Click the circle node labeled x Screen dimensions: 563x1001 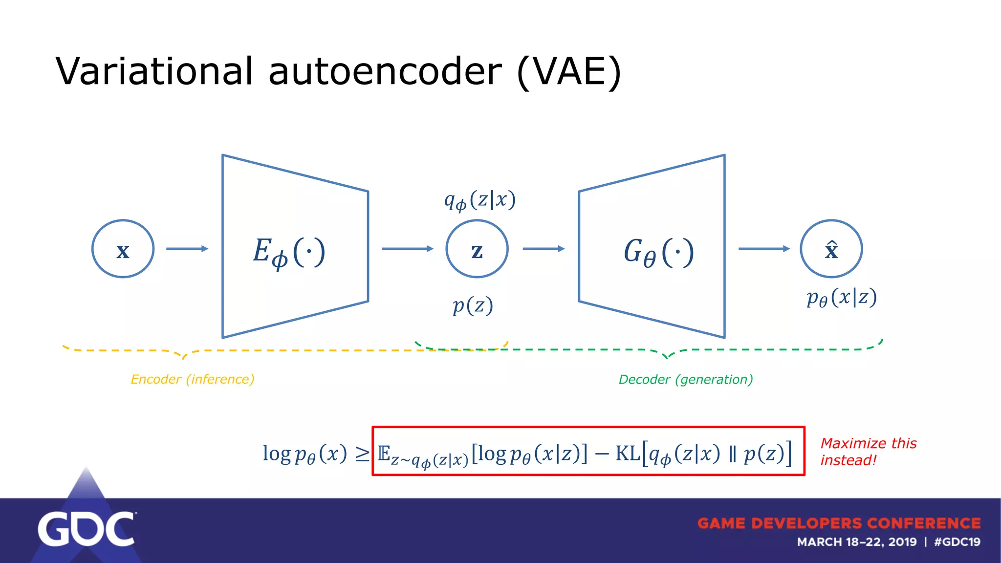(123, 249)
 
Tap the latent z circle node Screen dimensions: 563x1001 (477, 249)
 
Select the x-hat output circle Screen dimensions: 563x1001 (831, 249)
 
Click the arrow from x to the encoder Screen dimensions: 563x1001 (187, 249)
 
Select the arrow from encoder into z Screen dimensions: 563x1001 (407, 249)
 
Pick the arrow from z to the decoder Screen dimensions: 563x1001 (543, 249)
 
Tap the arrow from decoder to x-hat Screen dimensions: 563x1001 (763, 249)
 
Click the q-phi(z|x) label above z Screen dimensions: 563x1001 (479, 200)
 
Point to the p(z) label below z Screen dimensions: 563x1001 (472, 306)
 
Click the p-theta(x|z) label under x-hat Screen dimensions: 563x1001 (841, 297)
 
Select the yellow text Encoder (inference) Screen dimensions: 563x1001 (193, 379)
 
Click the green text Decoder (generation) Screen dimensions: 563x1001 (686, 379)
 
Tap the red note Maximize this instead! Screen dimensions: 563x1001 (868, 452)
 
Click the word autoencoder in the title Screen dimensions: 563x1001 (385, 71)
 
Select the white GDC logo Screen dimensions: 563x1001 (86, 529)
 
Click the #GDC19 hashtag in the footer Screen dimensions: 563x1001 (957, 542)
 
